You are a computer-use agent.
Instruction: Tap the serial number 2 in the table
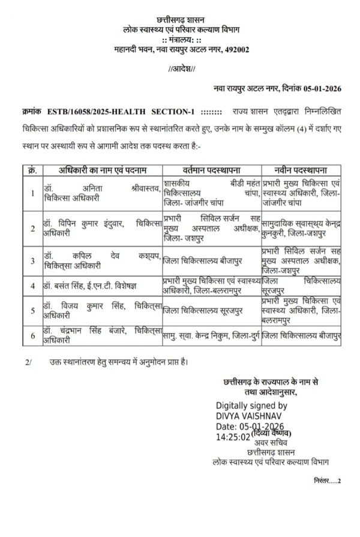tap(32, 228)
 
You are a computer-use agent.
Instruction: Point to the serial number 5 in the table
tap(32, 310)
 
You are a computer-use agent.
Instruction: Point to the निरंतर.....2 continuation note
tap(326, 481)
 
